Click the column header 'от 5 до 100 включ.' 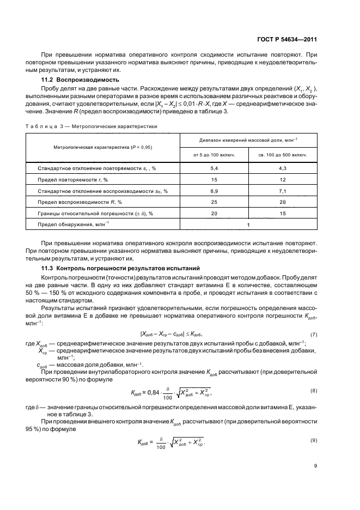pos(214,155)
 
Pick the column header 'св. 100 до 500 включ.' pos(282,155)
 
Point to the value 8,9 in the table pos(214,191)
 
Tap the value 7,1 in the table pos(282,191)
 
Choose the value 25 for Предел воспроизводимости pos(214,202)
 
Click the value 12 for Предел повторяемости pos(282,180)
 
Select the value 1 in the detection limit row pos(248,224)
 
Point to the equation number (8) pos(313,391)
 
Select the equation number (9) pos(313,440)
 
